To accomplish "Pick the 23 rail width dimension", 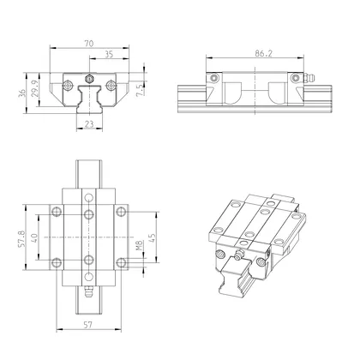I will tap(90, 126).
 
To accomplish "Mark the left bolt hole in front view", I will tap(66, 86).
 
